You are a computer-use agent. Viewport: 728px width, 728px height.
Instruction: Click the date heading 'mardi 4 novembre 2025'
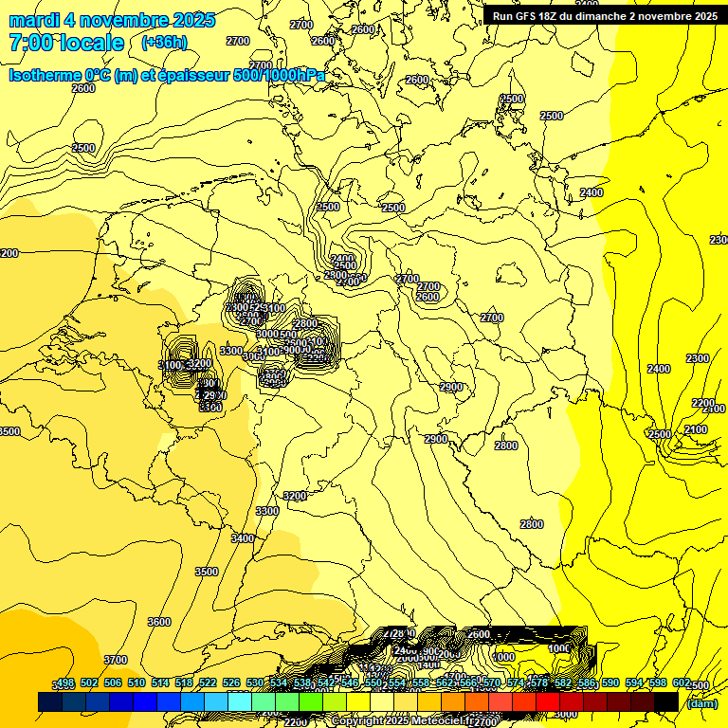point(112,20)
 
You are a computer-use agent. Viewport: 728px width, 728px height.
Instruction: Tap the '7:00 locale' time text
point(66,43)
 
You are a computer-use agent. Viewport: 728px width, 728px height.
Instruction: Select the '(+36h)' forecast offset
point(164,43)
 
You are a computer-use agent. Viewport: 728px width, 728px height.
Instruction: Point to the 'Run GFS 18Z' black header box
point(605,15)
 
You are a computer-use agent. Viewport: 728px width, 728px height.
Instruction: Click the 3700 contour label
point(115,660)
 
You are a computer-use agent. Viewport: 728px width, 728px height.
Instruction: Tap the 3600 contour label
point(159,622)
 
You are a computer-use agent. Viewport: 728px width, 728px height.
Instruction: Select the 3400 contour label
point(243,538)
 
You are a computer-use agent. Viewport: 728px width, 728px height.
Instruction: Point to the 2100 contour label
point(695,429)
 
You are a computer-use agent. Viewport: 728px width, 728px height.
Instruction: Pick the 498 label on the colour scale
point(64,683)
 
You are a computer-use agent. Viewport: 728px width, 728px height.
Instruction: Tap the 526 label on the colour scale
point(230,683)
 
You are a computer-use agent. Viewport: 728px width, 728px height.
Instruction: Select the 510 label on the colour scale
point(136,683)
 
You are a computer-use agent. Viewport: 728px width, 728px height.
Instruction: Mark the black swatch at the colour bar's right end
point(666,701)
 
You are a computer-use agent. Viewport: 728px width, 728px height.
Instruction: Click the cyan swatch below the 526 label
point(240,701)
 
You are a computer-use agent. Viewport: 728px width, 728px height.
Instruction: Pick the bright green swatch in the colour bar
point(311,701)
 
